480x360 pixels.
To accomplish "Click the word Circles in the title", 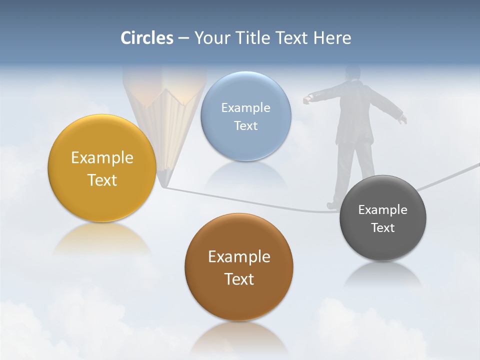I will pos(147,38).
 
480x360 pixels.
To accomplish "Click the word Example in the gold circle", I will pos(102,158).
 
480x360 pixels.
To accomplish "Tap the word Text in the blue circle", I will pos(245,126).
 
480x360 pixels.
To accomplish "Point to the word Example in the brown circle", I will pos(239,257).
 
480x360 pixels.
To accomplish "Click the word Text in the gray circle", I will pos(383,228).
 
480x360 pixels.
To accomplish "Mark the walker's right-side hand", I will pos(402,119).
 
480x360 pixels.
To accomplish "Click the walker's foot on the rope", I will pos(332,205).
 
